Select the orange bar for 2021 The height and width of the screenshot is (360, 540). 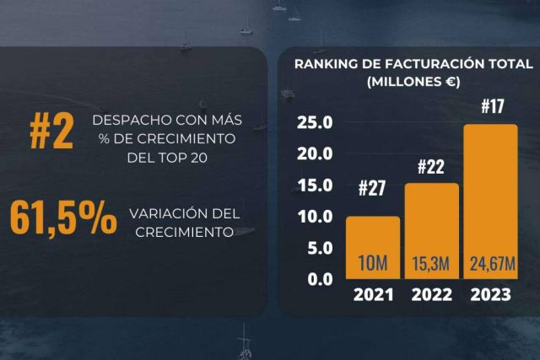point(373,240)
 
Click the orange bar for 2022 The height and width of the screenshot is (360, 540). point(431,223)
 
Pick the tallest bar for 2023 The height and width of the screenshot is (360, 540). point(490,194)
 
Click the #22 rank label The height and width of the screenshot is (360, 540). point(431,167)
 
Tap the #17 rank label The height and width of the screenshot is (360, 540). point(492,108)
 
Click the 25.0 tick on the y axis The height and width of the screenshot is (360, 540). point(316,124)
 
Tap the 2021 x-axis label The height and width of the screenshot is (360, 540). point(373,297)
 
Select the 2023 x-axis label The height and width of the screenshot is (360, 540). point(490,297)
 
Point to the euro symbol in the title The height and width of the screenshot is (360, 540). point(449,83)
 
